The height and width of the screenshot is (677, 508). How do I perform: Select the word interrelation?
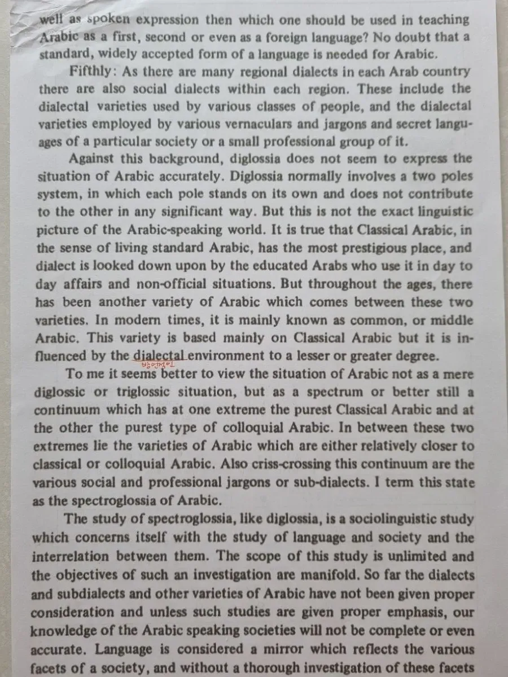coord(72,556)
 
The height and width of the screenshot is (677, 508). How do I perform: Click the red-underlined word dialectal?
coord(160,356)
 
